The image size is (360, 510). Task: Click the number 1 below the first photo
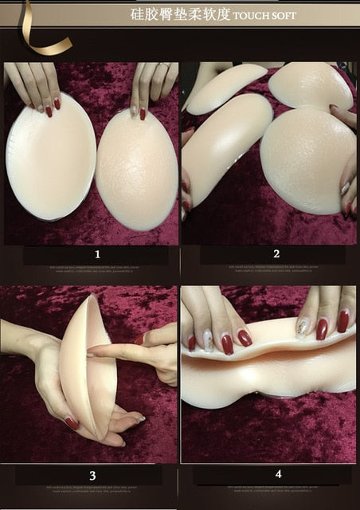click(97, 255)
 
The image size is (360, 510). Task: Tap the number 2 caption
click(276, 254)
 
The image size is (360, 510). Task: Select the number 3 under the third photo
click(92, 476)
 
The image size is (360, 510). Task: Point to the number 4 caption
click(278, 474)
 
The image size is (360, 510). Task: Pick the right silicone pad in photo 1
click(136, 171)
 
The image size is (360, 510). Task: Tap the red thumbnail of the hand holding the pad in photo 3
click(72, 423)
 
